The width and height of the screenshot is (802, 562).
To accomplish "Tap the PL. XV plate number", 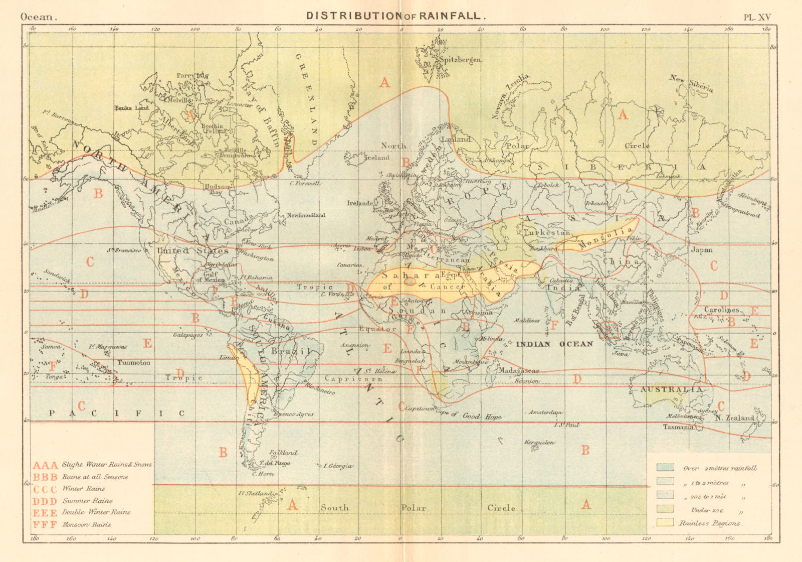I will pos(756,17).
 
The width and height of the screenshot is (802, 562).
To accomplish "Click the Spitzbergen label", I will pos(460,60).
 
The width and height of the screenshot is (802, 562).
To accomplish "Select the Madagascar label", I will pos(518,370).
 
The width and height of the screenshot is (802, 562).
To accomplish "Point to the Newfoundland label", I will pos(306,215).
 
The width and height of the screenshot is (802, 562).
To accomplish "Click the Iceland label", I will pos(376,158).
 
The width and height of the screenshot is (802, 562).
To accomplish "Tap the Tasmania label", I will pos(678,427).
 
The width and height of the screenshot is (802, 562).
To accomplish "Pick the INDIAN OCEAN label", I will pos(554,344).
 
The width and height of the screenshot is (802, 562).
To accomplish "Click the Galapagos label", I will pos(188,335).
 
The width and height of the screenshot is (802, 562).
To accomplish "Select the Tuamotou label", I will pos(133,362).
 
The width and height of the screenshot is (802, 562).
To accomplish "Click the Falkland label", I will pos(284,452).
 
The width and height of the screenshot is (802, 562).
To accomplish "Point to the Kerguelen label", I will pos(539,443).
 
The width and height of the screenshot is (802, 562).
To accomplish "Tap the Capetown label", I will pos(420,408).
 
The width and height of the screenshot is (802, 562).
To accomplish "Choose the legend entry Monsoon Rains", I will pos(87,524).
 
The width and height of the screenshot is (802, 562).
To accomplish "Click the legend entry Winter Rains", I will pos(84,489).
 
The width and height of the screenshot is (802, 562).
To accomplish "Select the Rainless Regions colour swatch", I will pos(665,522).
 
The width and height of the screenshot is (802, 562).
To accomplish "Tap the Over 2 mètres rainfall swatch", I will pos(665,467).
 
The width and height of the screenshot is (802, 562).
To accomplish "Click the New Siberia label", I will pos(691,83).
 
